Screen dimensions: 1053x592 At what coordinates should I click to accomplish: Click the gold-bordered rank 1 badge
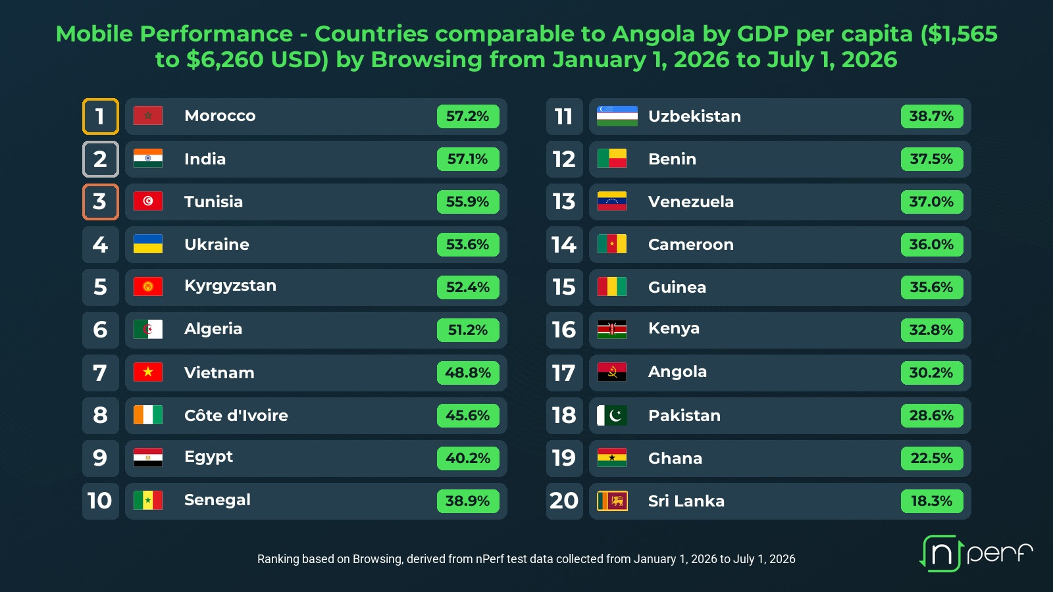point(101,116)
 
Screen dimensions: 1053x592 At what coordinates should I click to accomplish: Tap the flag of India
point(148,159)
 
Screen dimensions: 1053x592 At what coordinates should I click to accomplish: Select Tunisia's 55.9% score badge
point(468,202)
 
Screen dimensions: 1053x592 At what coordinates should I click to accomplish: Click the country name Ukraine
point(217,245)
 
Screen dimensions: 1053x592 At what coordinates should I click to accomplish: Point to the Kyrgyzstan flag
point(148,287)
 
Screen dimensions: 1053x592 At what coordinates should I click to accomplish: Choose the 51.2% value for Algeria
point(468,330)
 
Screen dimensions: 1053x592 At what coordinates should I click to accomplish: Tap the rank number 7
point(99,373)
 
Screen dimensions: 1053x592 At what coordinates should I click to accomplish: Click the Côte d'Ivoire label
point(236,415)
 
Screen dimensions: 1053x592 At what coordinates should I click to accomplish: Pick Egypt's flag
point(148,458)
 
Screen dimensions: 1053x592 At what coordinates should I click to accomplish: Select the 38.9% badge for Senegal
point(468,501)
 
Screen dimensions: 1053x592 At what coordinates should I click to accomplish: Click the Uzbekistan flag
point(617,116)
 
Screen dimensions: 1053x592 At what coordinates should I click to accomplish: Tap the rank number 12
point(564,159)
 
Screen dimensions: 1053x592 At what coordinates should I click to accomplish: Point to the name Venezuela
point(691,202)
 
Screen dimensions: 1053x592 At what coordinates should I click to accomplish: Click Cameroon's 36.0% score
point(932,245)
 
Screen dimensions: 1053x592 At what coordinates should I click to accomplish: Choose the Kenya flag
point(611,330)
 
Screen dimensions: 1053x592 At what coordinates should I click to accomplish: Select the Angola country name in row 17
point(677,372)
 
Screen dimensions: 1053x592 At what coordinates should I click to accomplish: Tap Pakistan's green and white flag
point(611,415)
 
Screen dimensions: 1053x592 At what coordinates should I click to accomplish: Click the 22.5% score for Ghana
point(932,458)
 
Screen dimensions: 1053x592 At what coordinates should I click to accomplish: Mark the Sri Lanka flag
point(612,501)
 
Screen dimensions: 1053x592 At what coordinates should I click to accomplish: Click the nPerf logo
point(976,553)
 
